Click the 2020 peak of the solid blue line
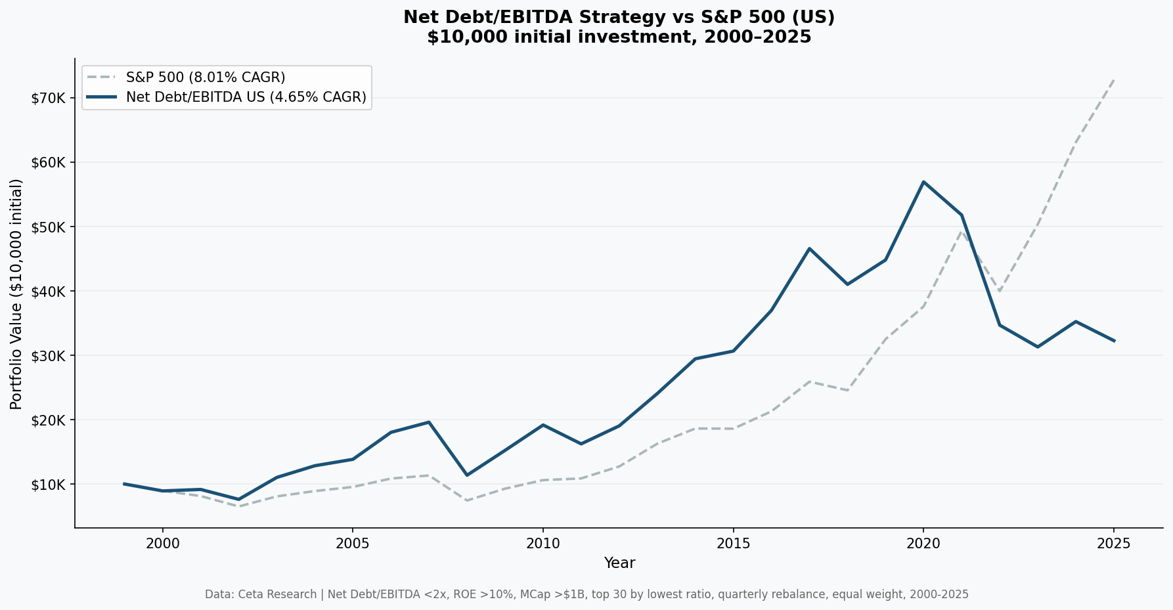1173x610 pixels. pyautogui.click(x=923, y=182)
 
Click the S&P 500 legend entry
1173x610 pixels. pyautogui.click(x=205, y=77)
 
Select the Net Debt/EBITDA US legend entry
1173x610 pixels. pyautogui.click(x=246, y=98)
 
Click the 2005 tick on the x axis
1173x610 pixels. pyautogui.click(x=353, y=543)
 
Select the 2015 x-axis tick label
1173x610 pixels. pyautogui.click(x=733, y=543)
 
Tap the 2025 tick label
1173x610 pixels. pyautogui.click(x=1113, y=543)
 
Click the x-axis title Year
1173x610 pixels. pyautogui.click(x=619, y=563)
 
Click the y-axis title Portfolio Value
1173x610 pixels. pyautogui.click(x=16, y=294)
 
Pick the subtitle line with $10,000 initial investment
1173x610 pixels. pyautogui.click(x=619, y=37)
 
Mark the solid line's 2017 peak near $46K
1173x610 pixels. pyautogui.click(x=809, y=249)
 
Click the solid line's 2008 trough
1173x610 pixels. pyautogui.click(x=467, y=475)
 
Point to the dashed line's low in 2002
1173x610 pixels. pyautogui.click(x=238, y=506)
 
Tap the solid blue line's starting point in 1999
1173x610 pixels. pyautogui.click(x=125, y=484)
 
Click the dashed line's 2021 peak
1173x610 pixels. pyautogui.click(x=961, y=231)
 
